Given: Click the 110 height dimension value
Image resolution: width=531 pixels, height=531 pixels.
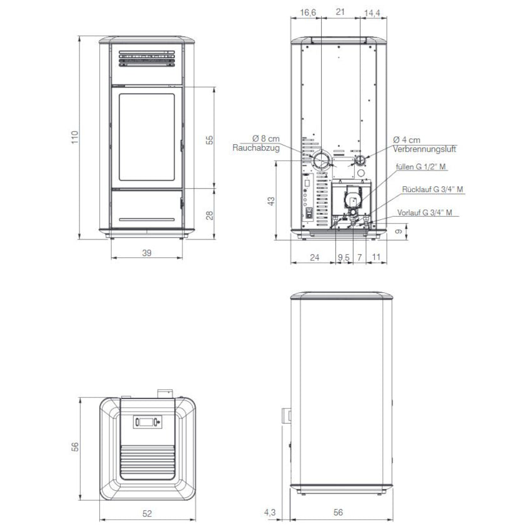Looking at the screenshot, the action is point(75,137).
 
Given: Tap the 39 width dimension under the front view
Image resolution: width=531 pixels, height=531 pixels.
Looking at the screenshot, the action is point(147,253).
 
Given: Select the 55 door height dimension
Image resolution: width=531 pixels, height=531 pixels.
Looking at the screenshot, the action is point(210,140).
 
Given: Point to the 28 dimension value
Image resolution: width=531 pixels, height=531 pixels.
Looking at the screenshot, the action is point(210,215).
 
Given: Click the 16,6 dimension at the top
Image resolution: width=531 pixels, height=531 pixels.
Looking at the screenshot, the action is point(308,12).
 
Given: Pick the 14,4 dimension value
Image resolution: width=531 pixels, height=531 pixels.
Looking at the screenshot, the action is point(372,13).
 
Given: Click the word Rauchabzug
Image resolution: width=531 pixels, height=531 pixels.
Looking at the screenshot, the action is point(256,148).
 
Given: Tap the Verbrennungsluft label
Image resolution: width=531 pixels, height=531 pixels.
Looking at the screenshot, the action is point(424,149).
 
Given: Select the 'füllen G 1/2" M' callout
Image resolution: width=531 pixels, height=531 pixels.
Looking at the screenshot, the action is point(421,167).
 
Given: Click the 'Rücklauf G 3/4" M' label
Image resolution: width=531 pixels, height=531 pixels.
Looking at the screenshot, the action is point(432,189).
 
